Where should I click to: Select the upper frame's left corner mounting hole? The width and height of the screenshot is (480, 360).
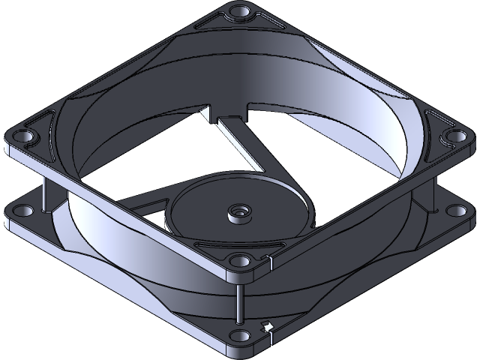coord(22,137)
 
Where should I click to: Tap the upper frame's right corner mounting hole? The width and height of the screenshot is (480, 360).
coord(454,135)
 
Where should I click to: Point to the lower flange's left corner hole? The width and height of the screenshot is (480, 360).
coord(20,211)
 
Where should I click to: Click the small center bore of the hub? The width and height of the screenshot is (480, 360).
coord(239,212)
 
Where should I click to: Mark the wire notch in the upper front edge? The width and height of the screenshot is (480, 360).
coord(268,262)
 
